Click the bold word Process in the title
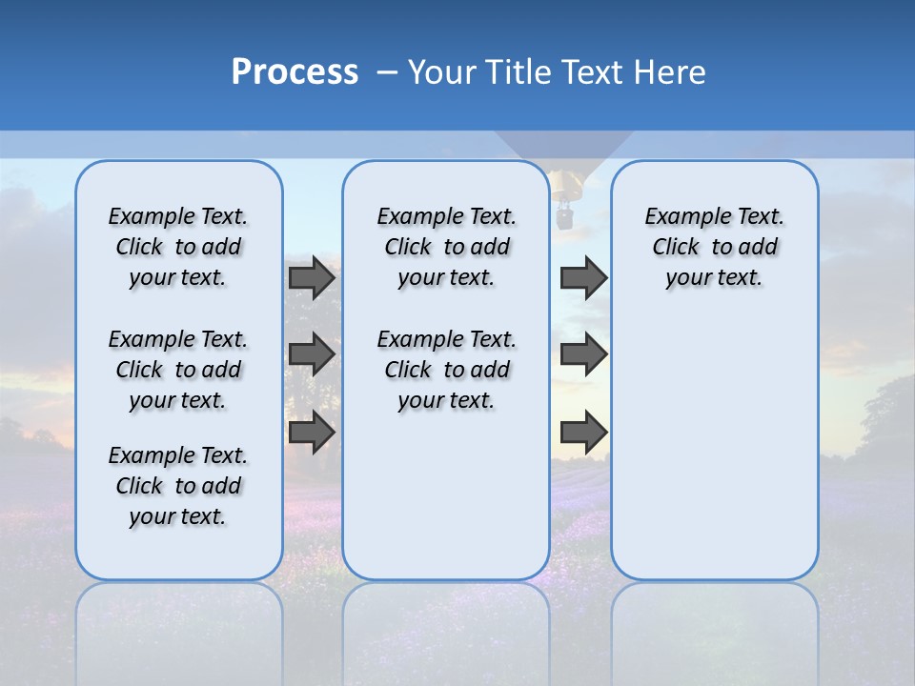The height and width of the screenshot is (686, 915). point(295,72)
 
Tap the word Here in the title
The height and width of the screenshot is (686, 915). point(671,72)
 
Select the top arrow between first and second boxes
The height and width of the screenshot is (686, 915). point(312,278)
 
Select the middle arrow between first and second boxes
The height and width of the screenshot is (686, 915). point(312,354)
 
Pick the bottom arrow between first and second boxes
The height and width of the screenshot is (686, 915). point(312,432)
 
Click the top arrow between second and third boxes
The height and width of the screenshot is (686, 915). point(583,278)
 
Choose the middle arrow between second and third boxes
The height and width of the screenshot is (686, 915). point(583,354)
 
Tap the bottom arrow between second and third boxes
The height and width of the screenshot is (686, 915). point(583,432)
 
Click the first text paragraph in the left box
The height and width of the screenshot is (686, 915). point(178,247)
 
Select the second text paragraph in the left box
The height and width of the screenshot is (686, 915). point(178,370)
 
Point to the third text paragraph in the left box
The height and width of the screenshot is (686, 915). point(178,486)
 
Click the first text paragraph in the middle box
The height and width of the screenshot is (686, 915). point(446,247)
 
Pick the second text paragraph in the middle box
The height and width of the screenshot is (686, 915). point(446,370)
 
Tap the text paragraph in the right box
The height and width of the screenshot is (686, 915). point(714,247)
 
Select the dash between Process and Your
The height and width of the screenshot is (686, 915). point(387,72)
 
